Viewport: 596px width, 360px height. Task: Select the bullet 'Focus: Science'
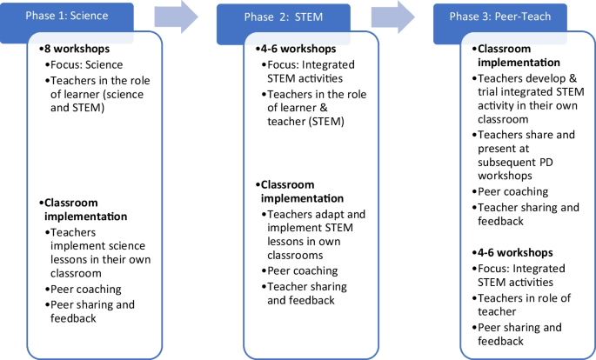[x=88, y=64]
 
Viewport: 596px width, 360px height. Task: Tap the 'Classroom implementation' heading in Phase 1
[x=85, y=210]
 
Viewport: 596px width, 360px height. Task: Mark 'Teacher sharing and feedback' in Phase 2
[x=307, y=293]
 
